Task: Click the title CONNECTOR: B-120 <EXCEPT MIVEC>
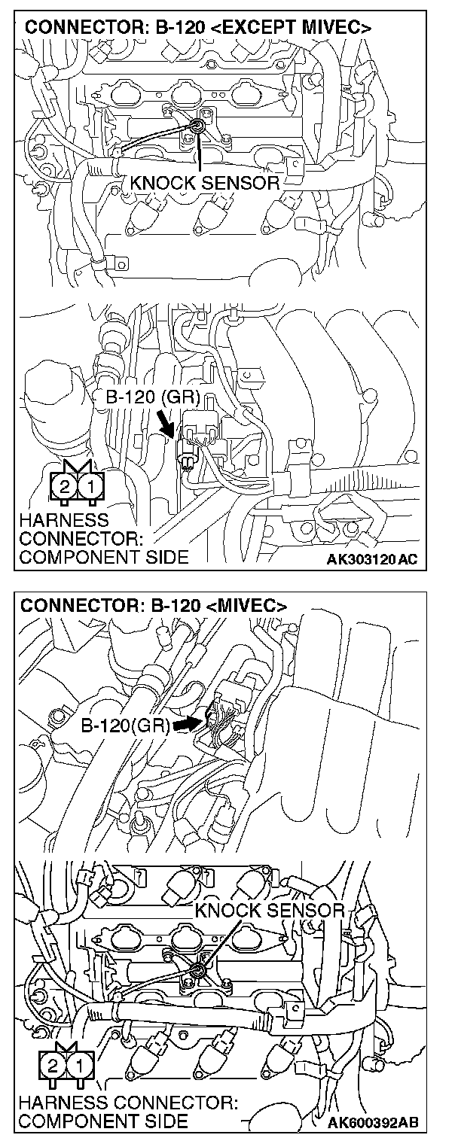point(198,29)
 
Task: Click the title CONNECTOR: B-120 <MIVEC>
point(154,606)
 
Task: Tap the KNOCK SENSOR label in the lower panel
point(269,910)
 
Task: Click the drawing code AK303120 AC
point(372,560)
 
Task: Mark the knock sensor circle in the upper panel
point(197,126)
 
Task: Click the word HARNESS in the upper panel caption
point(64,520)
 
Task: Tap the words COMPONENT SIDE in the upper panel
point(104,558)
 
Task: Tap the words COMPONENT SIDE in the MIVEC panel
point(104,1121)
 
